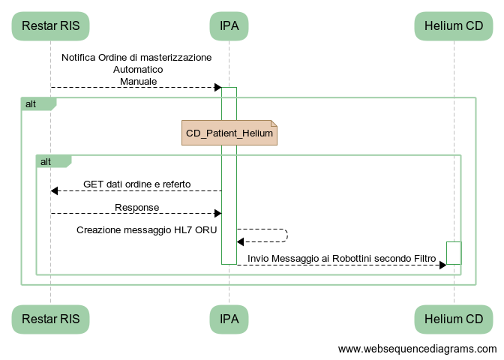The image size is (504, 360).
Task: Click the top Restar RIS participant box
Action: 50,26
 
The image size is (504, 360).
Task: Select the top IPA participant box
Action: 229,26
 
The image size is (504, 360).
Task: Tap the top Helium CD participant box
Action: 453,26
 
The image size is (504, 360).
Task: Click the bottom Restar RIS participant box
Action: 50,319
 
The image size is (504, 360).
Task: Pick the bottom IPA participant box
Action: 229,319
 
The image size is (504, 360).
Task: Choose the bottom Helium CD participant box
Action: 453,319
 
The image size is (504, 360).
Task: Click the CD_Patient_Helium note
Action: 229,133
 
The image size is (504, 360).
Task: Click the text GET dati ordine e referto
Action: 136,184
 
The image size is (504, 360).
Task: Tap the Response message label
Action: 136,207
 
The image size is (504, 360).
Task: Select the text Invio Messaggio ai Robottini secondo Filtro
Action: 341,258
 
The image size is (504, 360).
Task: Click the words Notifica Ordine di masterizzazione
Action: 136,57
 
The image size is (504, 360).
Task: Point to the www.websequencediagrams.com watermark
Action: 417,349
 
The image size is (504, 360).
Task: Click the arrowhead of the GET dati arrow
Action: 55,190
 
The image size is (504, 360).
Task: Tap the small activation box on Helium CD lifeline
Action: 454,253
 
